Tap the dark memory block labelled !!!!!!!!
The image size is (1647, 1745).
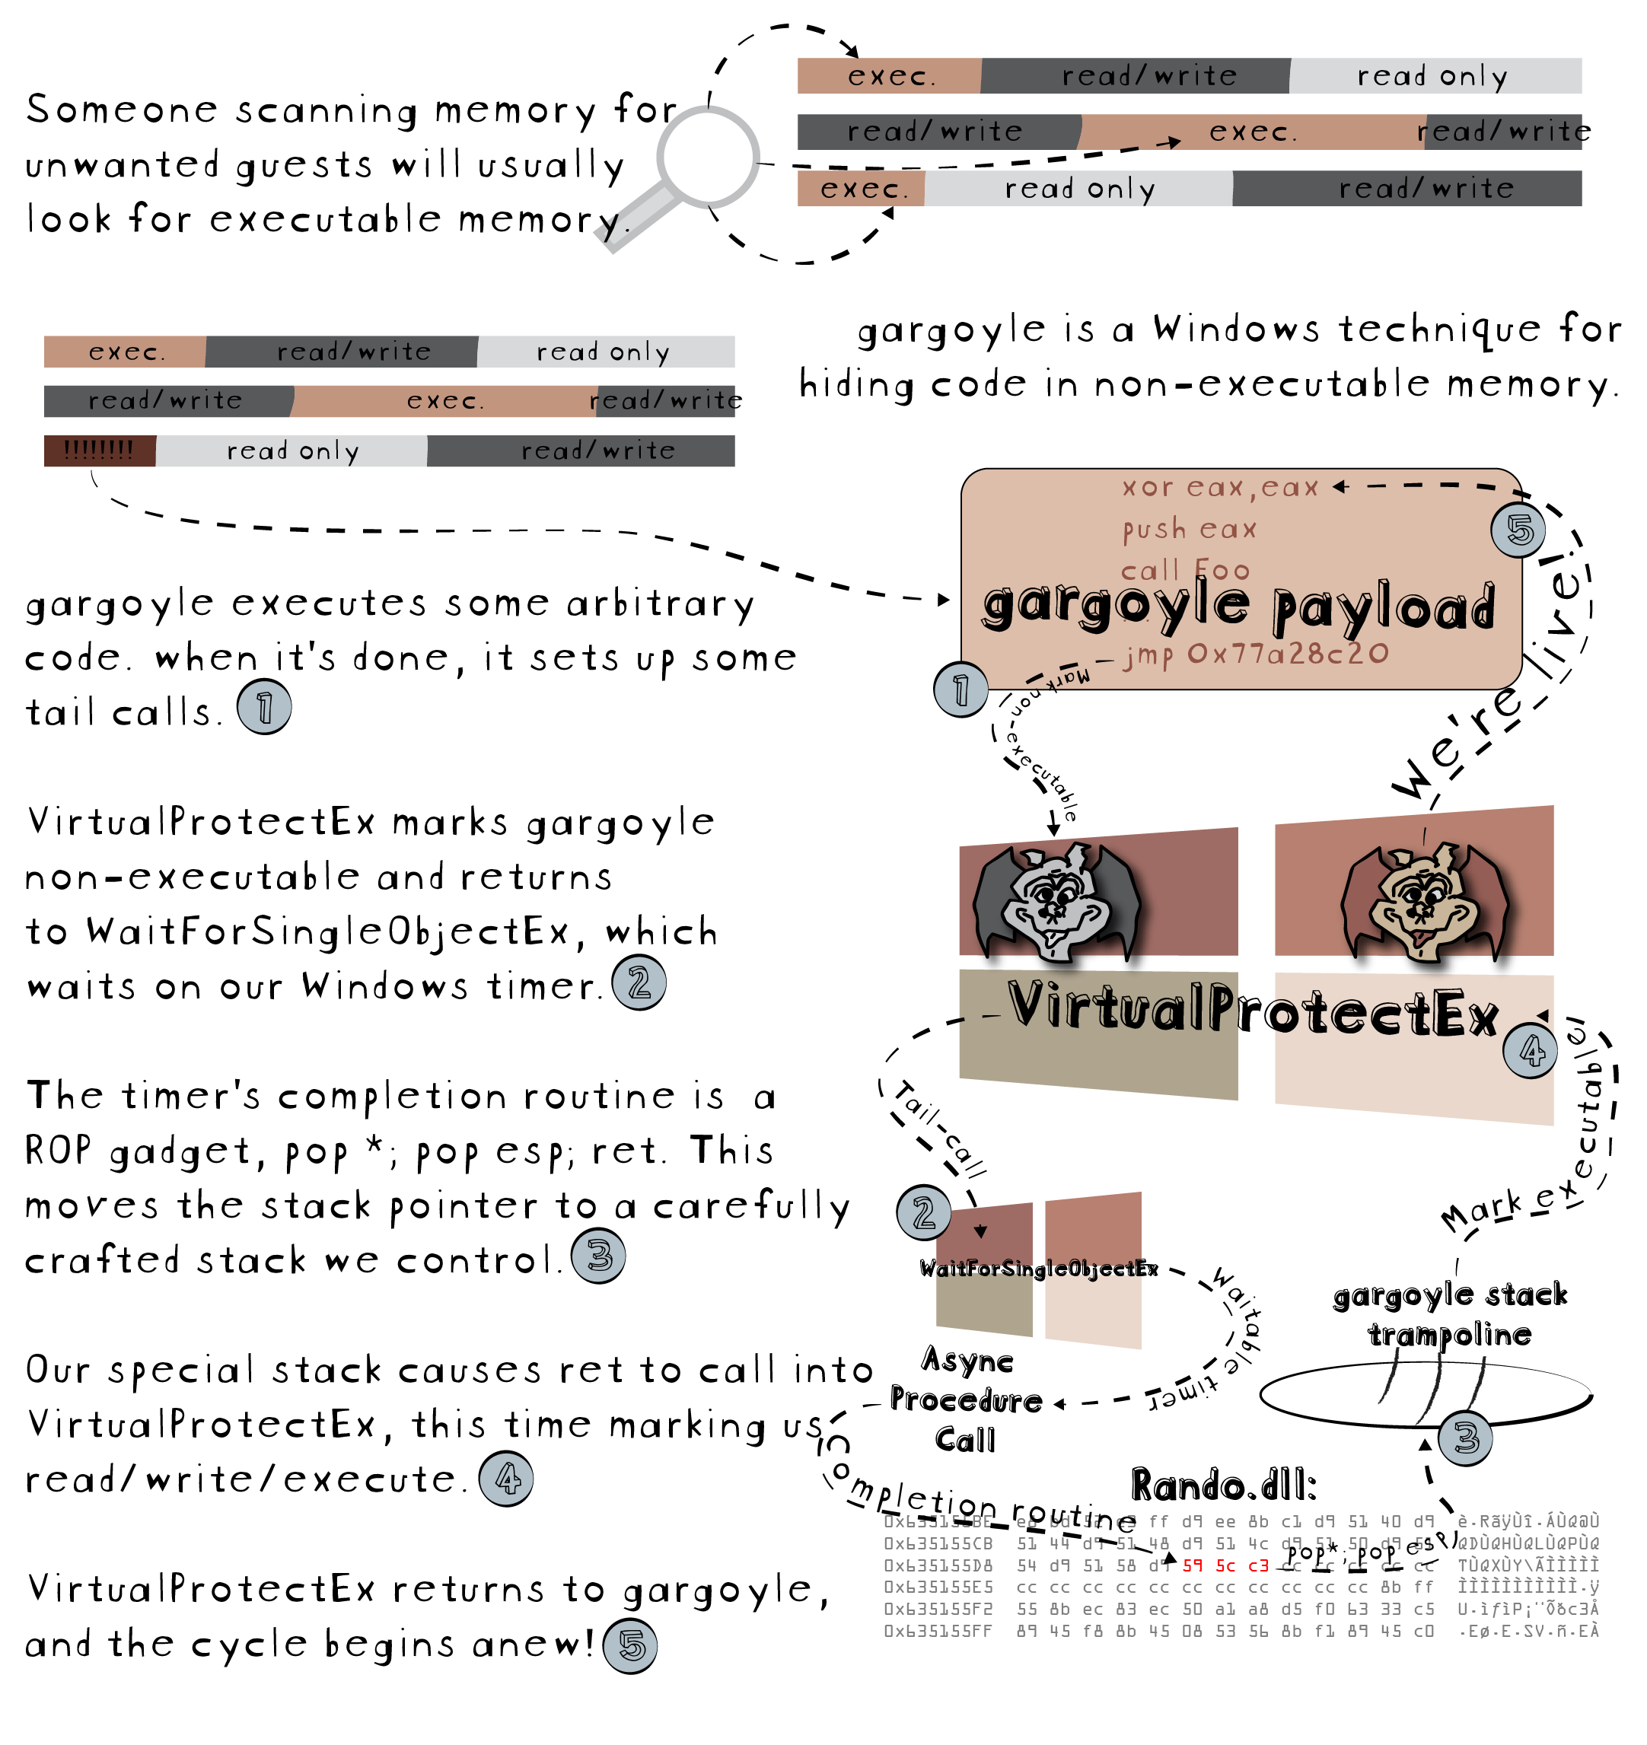pyautogui.click(x=99, y=451)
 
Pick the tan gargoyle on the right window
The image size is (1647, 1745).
pyautogui.click(x=1422, y=904)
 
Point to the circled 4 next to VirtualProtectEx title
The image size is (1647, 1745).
pyautogui.click(x=1531, y=1051)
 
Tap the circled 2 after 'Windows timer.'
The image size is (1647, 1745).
pyautogui.click(x=639, y=983)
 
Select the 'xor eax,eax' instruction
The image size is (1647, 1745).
pyautogui.click(x=1219, y=487)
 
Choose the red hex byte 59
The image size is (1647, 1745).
pyautogui.click(x=1192, y=1565)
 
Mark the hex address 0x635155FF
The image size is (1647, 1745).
pyautogui.click(x=938, y=1631)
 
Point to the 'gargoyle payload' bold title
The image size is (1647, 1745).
pyautogui.click(x=1238, y=606)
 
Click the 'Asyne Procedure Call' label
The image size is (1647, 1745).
pyautogui.click(x=966, y=1400)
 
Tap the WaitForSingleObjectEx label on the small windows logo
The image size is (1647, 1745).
pyautogui.click(x=1039, y=1269)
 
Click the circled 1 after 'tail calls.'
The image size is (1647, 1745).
pyautogui.click(x=264, y=708)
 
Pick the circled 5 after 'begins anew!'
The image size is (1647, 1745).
pyautogui.click(x=630, y=1646)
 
